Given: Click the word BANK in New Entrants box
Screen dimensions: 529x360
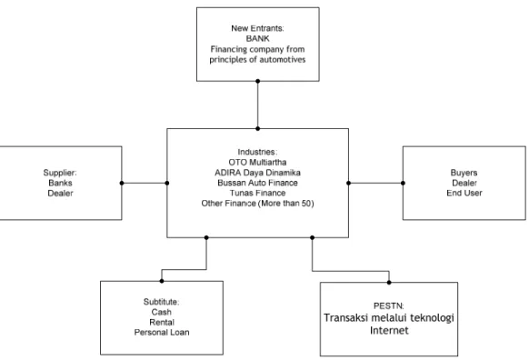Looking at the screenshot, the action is (258, 38).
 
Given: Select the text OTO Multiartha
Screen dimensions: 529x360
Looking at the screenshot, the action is (257, 163).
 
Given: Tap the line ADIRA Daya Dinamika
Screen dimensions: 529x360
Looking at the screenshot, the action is (257, 173).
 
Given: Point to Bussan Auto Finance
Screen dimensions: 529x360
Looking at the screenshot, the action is (257, 183).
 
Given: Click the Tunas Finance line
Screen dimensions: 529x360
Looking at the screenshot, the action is (258, 193).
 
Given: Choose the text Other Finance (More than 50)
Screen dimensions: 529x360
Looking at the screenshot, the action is (257, 204).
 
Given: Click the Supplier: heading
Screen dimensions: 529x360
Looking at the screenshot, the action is (60, 173).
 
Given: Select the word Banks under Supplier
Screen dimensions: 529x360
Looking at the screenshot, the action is (60, 183).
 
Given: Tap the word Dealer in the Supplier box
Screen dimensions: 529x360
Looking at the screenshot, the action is (60, 194).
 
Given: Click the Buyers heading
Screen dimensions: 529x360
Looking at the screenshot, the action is (464, 173).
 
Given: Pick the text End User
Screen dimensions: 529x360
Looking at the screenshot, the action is (464, 193).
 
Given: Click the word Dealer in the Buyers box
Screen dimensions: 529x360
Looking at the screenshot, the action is (464, 183).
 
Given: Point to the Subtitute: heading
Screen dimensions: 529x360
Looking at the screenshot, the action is (161, 302).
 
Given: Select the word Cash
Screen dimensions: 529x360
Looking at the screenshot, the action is (161, 312).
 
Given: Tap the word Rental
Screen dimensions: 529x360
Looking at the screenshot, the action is (162, 322).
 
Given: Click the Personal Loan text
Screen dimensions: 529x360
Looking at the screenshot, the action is (162, 333).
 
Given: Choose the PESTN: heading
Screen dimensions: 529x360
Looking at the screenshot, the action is (389, 306).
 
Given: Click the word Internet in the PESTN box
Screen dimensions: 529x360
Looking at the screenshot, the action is (389, 330).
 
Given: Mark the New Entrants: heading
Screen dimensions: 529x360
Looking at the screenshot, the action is (257, 28).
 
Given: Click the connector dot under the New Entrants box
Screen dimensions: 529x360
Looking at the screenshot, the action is (258, 81).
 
